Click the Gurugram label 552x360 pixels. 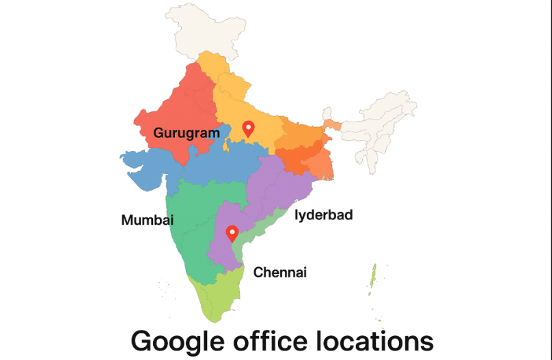(x=187, y=133)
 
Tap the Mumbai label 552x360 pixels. (x=147, y=220)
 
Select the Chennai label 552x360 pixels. (x=280, y=273)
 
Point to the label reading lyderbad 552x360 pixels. (x=324, y=215)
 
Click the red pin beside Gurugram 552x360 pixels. (x=249, y=128)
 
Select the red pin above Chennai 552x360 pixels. (x=232, y=233)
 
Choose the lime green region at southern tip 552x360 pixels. (x=217, y=301)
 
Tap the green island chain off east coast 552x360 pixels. (x=372, y=277)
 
